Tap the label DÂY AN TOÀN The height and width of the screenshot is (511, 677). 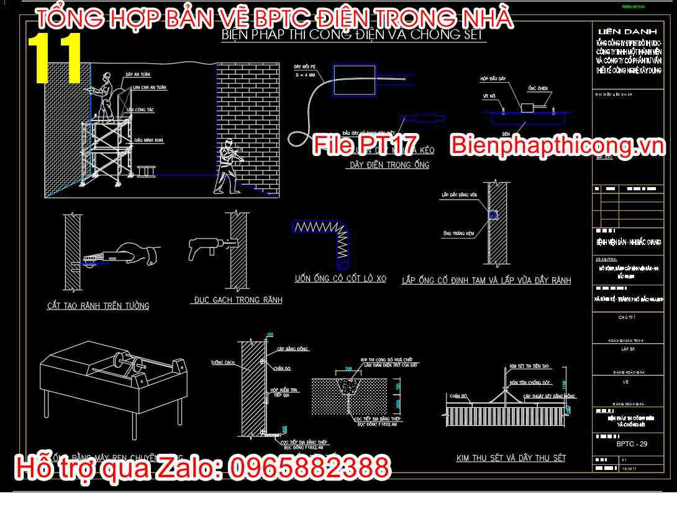click(137, 75)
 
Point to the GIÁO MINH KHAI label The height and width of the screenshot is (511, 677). click(148, 140)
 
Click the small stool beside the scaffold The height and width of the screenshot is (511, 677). click(146, 171)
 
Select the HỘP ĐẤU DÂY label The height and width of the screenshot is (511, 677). click(493, 80)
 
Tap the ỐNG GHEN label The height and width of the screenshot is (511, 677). click(538, 87)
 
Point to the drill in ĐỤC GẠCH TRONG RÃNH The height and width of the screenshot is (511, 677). click(202, 247)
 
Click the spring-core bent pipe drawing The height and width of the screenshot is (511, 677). click(322, 240)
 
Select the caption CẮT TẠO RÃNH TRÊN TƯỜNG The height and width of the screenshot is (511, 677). click(98, 306)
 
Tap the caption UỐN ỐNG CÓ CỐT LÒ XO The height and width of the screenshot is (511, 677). click(340, 279)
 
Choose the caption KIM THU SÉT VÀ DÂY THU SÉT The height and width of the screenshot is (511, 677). click(511, 458)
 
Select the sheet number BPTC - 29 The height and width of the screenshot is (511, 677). click(631, 444)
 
